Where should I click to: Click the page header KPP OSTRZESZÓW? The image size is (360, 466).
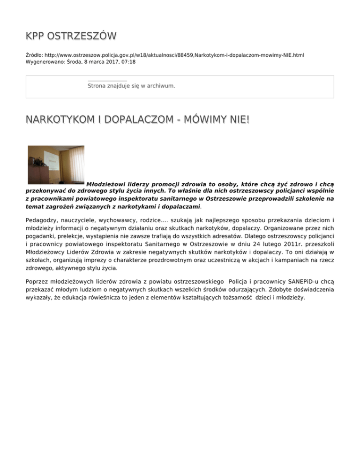click(x=71, y=36)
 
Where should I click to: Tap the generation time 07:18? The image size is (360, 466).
click(x=128, y=61)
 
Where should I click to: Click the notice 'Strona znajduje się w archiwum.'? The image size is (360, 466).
click(x=131, y=86)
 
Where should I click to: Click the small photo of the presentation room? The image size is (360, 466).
click(x=56, y=165)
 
